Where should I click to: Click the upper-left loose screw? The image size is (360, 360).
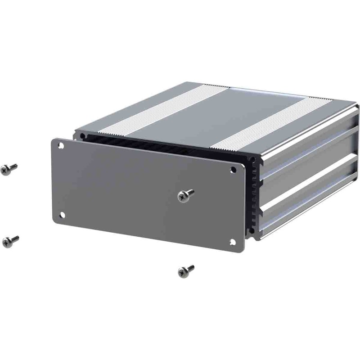coord(9,169)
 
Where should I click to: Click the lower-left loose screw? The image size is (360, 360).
coord(10,241)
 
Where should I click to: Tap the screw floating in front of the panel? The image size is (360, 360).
coord(185,195)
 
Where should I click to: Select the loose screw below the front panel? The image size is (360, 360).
coord(185,270)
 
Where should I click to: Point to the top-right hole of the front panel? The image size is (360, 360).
coord(233,170)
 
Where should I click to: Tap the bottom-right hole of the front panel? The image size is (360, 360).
coord(233,242)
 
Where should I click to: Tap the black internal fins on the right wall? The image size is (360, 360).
coord(254,193)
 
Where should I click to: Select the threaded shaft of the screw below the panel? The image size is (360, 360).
coord(190,268)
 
